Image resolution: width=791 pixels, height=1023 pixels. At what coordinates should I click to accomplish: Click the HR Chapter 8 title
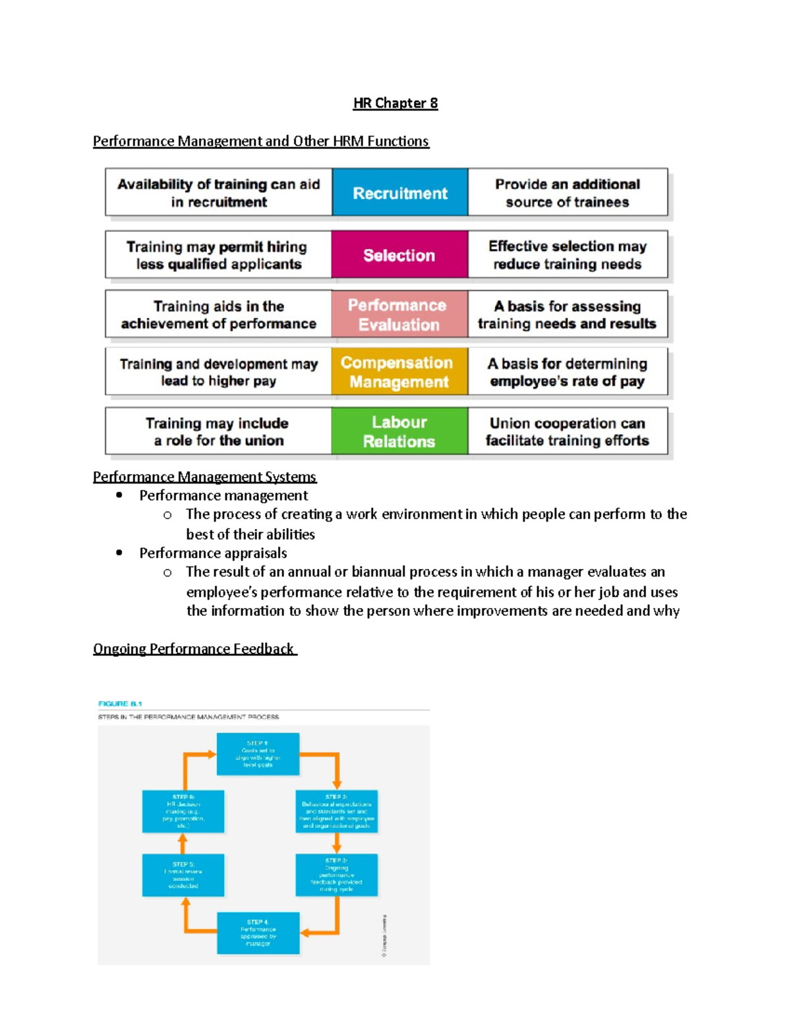click(x=395, y=103)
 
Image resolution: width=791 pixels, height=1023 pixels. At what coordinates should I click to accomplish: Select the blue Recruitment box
click(x=400, y=192)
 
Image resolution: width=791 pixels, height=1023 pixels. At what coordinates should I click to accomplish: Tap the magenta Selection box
click(x=399, y=254)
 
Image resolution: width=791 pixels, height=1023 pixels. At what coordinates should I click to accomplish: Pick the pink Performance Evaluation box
click(x=399, y=314)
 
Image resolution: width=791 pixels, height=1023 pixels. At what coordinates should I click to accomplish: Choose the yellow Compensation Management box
click(x=399, y=372)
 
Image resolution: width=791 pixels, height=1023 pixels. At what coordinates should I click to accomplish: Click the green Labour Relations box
click(x=399, y=431)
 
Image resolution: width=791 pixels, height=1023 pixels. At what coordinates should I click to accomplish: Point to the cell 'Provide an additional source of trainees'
click(x=568, y=192)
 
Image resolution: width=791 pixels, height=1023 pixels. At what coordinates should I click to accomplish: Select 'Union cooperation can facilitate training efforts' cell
click(x=568, y=431)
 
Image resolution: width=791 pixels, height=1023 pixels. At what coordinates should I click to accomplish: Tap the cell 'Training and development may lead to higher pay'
click(x=218, y=372)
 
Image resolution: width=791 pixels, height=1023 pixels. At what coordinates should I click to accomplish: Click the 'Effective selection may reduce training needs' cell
click(x=568, y=254)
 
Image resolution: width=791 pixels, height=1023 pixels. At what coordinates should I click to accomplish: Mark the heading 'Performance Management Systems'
click(x=204, y=476)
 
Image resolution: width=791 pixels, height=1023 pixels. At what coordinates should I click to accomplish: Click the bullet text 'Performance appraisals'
click(x=213, y=553)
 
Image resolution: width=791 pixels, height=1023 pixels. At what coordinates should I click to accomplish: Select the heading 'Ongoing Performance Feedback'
click(x=194, y=649)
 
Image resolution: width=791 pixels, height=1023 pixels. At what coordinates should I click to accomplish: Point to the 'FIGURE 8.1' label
click(x=120, y=704)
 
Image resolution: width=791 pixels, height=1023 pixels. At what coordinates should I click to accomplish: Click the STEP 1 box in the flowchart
click(x=258, y=754)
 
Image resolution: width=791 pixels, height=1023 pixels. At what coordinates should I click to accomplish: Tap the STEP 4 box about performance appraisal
click(x=258, y=933)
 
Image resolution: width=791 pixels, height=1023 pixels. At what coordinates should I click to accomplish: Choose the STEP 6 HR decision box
click(x=183, y=811)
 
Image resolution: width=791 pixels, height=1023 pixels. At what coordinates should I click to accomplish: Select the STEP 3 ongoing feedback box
click(x=336, y=875)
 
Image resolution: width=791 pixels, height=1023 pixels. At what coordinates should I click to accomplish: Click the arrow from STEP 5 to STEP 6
click(x=183, y=843)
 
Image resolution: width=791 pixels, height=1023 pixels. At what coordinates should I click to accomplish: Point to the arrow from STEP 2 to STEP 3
click(x=336, y=843)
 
